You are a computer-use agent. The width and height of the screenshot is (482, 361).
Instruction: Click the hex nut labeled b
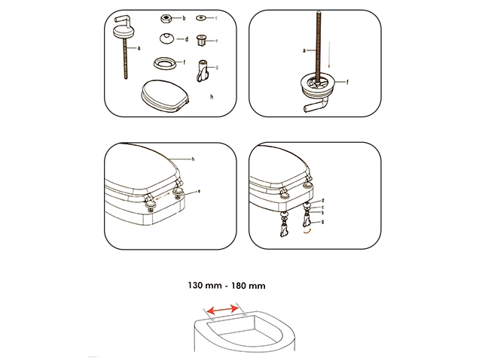tap(166, 18)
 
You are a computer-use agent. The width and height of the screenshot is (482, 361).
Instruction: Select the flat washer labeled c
tap(201, 18)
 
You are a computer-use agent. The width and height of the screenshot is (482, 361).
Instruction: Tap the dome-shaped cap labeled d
tap(167, 38)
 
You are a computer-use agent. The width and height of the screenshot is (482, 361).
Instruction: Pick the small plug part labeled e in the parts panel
tap(201, 40)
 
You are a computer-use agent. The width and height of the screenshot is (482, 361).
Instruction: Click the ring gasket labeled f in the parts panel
tap(165, 63)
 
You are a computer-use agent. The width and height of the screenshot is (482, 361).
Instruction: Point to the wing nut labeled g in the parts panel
tap(203, 71)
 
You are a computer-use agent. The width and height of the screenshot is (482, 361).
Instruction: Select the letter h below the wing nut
tap(212, 97)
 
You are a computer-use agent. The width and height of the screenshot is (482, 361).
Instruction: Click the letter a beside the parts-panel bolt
tap(139, 48)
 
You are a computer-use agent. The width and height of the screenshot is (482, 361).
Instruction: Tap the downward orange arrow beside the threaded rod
tap(329, 55)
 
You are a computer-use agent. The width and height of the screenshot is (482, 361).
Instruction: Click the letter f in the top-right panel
tap(347, 82)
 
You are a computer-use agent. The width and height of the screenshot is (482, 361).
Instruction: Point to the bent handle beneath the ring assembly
tap(315, 105)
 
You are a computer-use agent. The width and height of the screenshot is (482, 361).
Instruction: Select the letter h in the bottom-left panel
tap(193, 159)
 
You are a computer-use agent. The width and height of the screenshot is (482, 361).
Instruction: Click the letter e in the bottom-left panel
tap(199, 191)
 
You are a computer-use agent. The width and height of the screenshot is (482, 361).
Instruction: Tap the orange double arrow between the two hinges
tap(163, 197)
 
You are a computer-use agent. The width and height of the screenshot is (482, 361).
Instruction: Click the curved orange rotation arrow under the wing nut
tap(307, 232)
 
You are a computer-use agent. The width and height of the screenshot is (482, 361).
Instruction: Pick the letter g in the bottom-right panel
tap(322, 222)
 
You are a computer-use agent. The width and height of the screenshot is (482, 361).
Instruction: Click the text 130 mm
tap(205, 286)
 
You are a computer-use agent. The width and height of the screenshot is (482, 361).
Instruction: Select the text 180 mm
tap(249, 286)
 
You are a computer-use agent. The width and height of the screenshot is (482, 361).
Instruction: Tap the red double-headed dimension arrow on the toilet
tap(223, 310)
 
